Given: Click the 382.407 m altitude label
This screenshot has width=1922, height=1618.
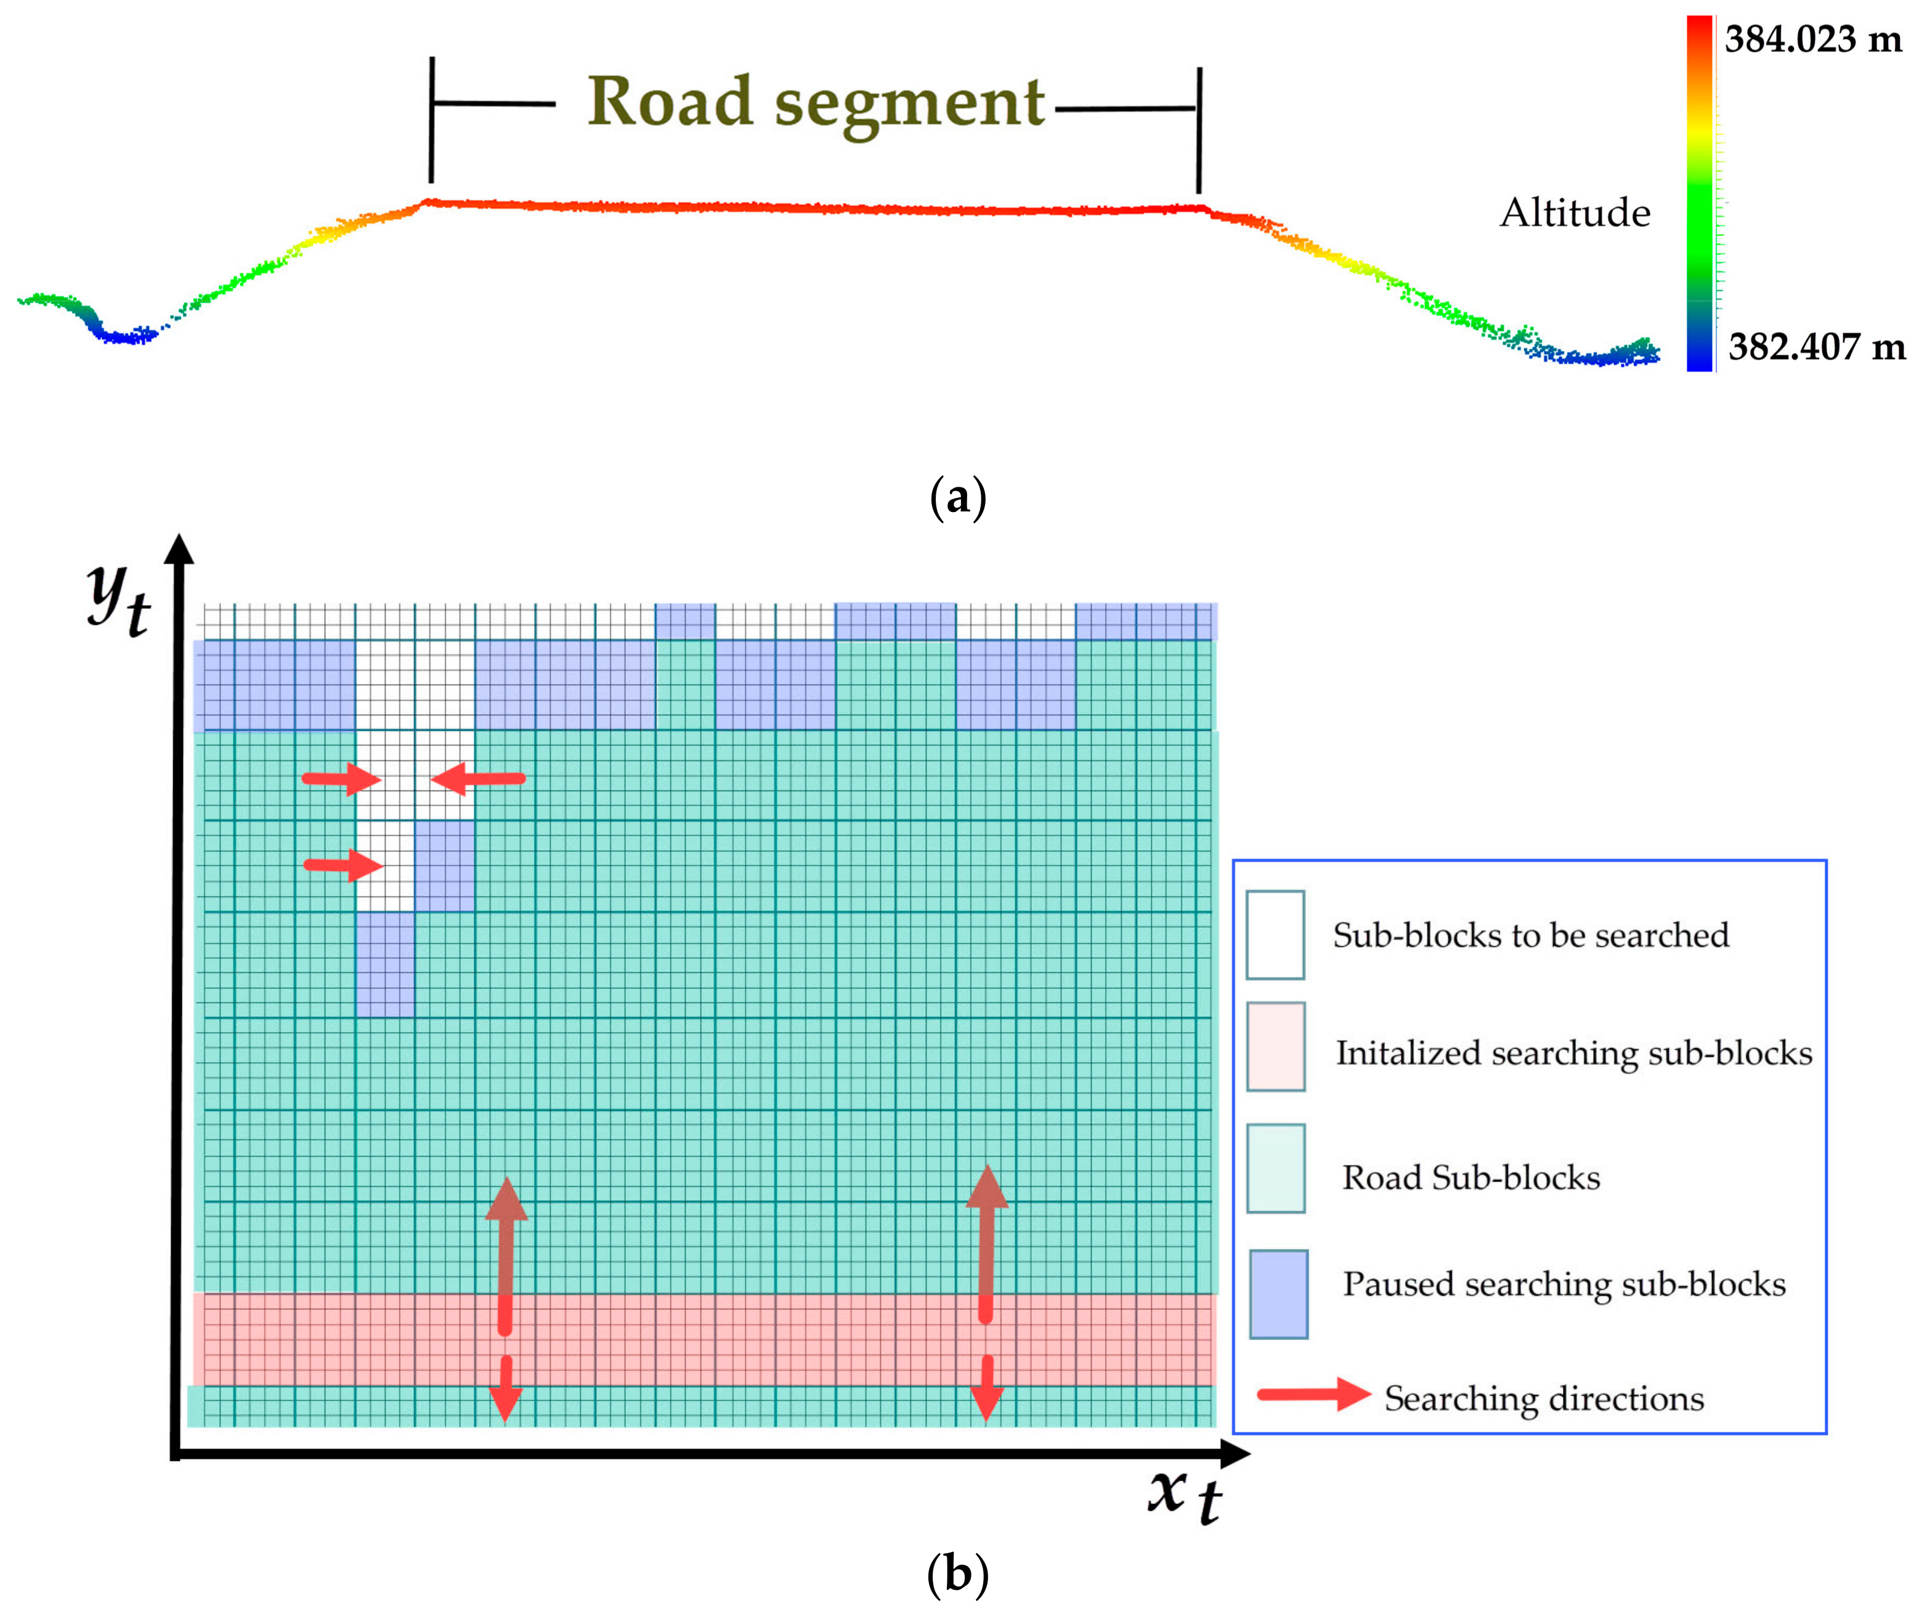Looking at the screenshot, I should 1815,347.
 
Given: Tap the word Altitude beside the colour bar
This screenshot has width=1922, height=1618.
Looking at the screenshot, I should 1575,213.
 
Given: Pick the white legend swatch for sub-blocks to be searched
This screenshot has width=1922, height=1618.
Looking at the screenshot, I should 1275,935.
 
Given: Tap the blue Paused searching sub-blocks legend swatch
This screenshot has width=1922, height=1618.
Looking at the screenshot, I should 1278,1293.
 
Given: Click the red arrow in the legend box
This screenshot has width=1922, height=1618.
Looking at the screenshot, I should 1312,1394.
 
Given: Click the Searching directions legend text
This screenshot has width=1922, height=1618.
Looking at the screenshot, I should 1543,1399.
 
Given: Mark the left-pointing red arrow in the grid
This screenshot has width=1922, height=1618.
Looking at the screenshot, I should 478,779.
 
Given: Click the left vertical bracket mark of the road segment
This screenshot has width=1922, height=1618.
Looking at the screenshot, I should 431,120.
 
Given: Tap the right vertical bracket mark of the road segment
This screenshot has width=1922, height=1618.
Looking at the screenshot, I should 1199,129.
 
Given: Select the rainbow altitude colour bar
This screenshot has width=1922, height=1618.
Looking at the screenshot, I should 1699,193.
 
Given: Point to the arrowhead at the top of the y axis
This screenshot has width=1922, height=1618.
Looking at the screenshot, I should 180,548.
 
